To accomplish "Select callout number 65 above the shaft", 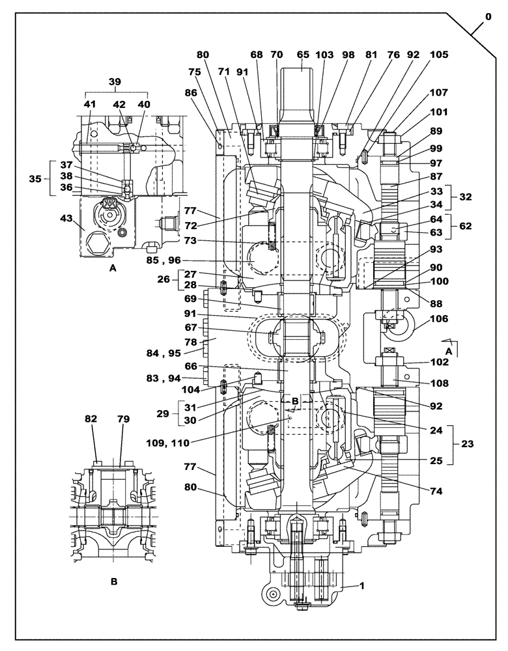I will [x=303, y=55].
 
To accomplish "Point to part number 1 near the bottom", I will [x=361, y=586].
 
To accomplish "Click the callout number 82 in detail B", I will [x=91, y=420].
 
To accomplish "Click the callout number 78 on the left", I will [x=191, y=341].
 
